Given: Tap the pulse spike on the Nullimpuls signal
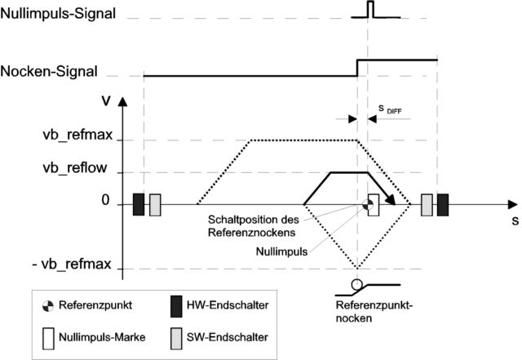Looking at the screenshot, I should click(369, 9).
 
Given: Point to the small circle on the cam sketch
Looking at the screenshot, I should click(356, 285).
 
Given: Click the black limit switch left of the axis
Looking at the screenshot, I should click(138, 204).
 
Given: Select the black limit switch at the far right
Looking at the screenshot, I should click(442, 204).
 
